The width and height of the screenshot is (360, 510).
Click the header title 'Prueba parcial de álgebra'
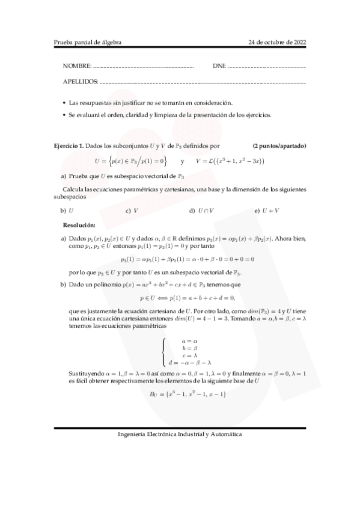(87, 42)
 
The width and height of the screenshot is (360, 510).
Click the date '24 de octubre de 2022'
(277, 42)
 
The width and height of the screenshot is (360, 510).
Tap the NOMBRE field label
(77, 65)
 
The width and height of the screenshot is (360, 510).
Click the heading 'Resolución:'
(79, 224)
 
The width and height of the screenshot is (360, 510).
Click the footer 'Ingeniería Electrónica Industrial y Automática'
(180, 434)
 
